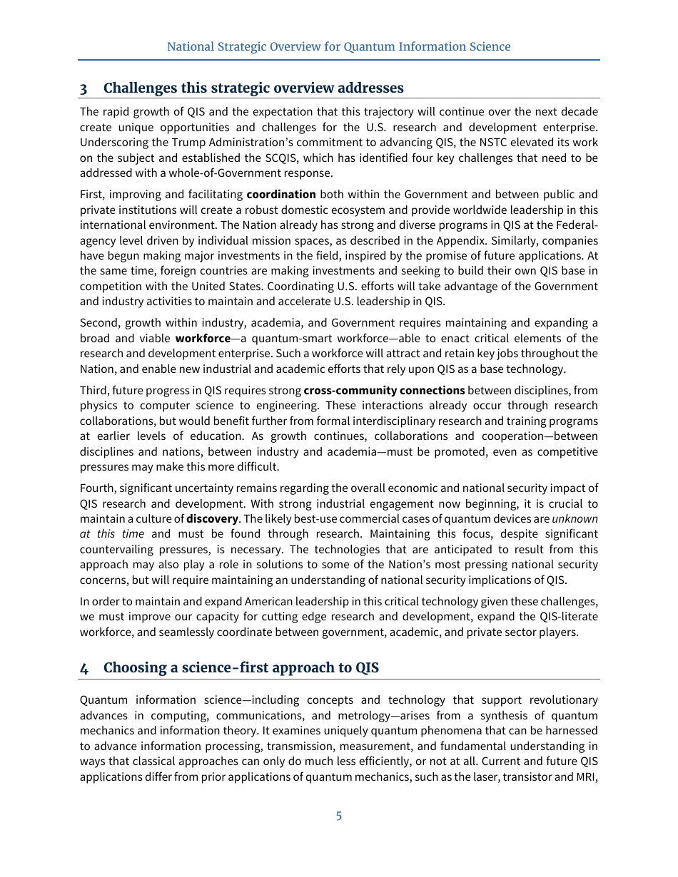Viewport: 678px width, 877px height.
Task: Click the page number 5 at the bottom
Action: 339,816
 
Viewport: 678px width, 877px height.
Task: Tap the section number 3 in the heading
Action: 84,88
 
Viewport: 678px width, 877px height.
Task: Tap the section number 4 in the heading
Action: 84,668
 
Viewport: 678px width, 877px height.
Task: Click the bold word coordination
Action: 281,195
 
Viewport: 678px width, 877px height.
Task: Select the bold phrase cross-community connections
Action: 384,390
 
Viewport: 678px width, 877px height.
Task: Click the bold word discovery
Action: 212,518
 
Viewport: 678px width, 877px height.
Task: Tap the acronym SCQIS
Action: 271,158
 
